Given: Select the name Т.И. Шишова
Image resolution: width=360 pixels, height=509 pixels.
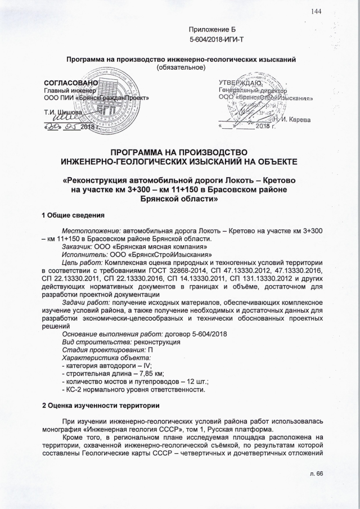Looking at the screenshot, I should [62, 112].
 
